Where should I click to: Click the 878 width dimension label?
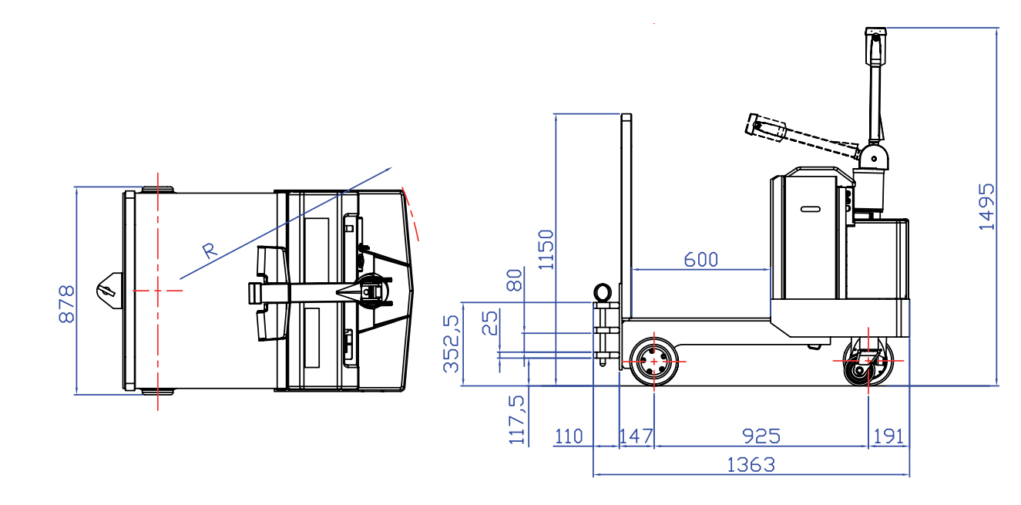[x=67, y=304]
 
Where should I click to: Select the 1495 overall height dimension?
[x=987, y=207]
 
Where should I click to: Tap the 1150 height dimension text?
[x=546, y=250]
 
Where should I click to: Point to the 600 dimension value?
[x=701, y=260]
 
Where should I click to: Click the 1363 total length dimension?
[x=751, y=465]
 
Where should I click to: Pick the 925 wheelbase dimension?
[x=761, y=436]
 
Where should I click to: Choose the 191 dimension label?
[x=888, y=436]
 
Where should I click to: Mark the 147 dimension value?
[x=636, y=436]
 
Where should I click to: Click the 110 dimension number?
[x=569, y=436]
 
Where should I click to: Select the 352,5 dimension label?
[x=452, y=344]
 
